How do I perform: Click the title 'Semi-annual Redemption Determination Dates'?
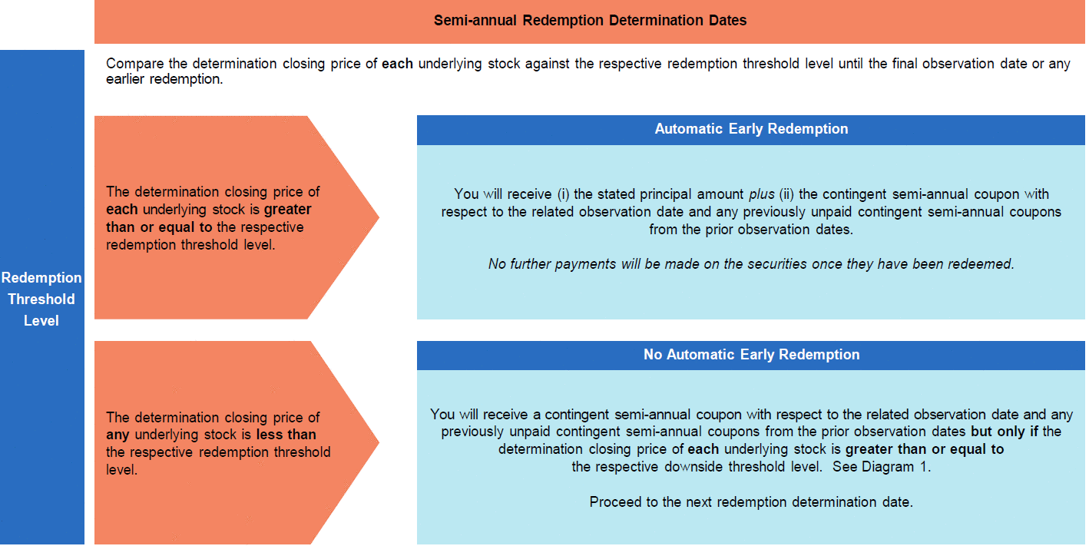590,21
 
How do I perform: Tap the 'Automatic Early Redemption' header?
751,129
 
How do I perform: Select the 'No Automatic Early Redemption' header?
751,355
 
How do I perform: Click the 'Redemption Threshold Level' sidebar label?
41,299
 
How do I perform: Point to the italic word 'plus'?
762,194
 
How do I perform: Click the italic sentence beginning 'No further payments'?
751,264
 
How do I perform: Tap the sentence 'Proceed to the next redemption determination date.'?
751,501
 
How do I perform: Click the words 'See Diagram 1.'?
882,467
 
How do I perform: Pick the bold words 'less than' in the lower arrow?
286,435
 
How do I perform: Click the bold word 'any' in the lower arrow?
118,435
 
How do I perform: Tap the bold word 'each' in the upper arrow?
122,210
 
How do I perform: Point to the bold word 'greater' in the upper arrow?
288,210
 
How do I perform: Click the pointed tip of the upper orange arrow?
379,217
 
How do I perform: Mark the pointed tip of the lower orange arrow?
379,442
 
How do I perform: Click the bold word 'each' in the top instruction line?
397,64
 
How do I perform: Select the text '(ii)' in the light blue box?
786,194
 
